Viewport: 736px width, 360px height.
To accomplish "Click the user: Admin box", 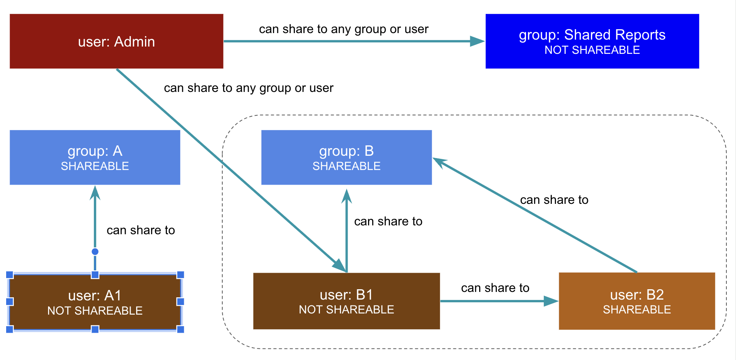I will (116, 41).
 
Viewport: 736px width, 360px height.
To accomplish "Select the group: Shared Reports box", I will (592, 41).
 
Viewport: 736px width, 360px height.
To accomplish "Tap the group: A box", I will (95, 157).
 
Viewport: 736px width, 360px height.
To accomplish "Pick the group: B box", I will (346, 157).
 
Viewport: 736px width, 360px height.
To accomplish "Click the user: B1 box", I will (346, 301).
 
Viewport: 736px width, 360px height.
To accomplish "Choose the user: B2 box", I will (636, 301).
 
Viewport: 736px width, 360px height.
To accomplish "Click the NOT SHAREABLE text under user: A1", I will (95, 310).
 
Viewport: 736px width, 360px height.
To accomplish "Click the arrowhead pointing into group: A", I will (95, 193).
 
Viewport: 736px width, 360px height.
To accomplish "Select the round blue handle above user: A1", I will (95, 252).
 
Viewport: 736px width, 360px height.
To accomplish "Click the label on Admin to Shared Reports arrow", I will (343, 29).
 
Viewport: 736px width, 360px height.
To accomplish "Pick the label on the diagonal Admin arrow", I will (248, 88).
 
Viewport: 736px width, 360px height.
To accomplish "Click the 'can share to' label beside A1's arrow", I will (141, 230).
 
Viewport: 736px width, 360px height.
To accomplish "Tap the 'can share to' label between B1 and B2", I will (495, 288).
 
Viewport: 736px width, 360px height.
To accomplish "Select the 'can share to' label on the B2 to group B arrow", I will (554, 200).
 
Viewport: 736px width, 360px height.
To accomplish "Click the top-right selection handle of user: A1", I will (180, 275).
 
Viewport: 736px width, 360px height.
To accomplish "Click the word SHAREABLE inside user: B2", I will (636, 310).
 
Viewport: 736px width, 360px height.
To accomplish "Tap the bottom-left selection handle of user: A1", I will (10, 329).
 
